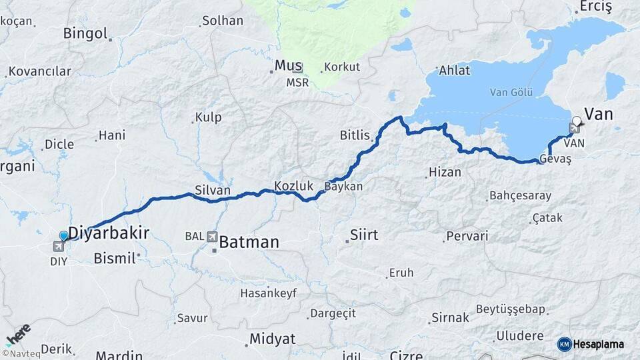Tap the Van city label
(x=598, y=114)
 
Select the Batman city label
(x=249, y=242)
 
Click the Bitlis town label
(x=354, y=135)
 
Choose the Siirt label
(x=363, y=235)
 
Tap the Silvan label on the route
(x=213, y=190)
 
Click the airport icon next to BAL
(x=212, y=236)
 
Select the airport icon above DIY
(x=59, y=247)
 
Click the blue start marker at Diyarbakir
(x=63, y=235)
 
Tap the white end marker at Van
(x=577, y=121)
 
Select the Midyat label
(x=272, y=339)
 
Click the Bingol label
(x=85, y=33)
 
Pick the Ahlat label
(x=454, y=70)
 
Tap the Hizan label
(x=445, y=172)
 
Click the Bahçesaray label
(x=520, y=195)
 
